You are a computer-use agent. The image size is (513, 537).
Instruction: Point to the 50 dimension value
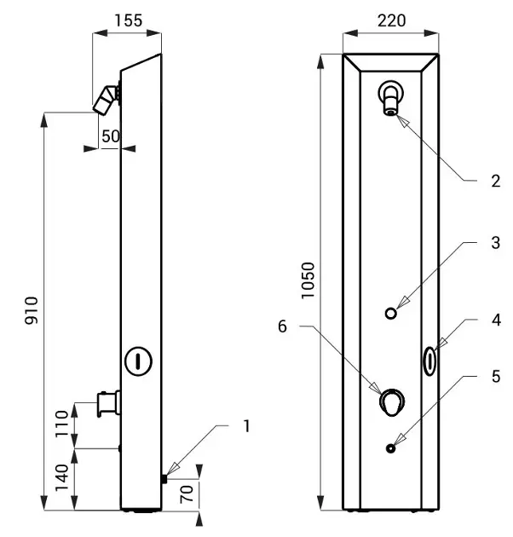coord(111,136)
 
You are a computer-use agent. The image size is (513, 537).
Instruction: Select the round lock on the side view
coord(137,360)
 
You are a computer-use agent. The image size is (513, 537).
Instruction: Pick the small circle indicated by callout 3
coord(391,313)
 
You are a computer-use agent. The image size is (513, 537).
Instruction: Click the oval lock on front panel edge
coord(430,359)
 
